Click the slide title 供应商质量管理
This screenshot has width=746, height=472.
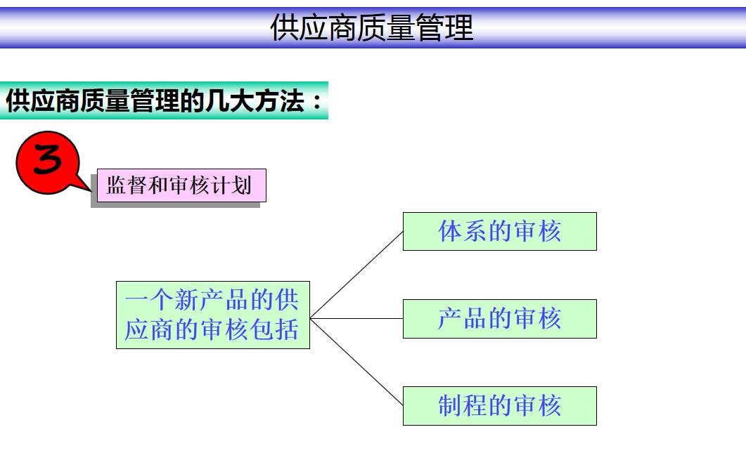pos(372,27)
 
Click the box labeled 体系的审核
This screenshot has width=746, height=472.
pos(499,231)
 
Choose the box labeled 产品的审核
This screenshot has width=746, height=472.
pos(499,318)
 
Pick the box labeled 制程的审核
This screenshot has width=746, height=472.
pos(499,405)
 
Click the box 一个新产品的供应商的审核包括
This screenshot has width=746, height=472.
pos(212,315)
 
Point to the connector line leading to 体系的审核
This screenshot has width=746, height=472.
pos(356,275)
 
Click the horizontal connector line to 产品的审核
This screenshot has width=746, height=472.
pos(356,318)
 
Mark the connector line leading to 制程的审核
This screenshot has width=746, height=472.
pos(356,362)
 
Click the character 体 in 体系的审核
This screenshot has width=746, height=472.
pos(451,231)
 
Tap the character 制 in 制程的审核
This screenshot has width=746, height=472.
pos(451,405)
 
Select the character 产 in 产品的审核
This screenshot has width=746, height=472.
pos(451,318)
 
